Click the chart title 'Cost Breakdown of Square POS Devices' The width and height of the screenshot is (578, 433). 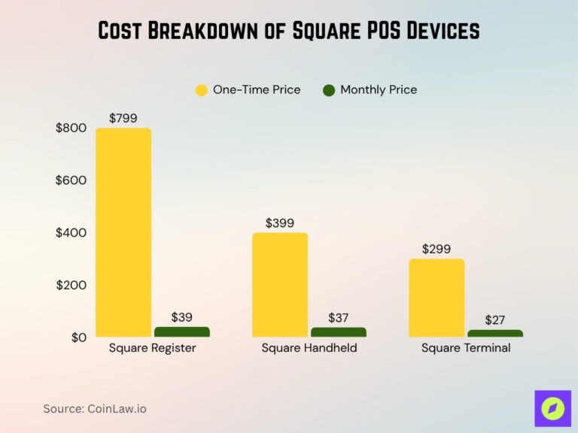(289, 31)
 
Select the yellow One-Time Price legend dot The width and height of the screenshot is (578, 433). (201, 90)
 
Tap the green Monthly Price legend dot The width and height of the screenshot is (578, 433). (328, 90)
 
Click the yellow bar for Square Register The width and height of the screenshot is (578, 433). (123, 232)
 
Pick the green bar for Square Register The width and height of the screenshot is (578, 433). (181, 332)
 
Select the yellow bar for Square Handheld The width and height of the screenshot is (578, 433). (280, 285)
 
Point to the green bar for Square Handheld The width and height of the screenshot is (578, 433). (338, 332)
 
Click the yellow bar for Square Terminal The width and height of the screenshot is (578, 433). (437, 298)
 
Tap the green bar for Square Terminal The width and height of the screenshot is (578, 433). (494, 333)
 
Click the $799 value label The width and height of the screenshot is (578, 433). (123, 118)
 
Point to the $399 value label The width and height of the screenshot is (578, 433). (280, 223)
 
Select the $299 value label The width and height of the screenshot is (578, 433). (437, 249)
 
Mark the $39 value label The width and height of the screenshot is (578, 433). (181, 317)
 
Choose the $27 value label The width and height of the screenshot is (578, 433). (494, 320)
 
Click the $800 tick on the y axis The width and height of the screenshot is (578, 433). (71, 128)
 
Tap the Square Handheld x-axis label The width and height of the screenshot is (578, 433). (309, 348)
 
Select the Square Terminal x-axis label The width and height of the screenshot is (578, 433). (466, 348)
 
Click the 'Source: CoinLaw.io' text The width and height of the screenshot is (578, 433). (95, 408)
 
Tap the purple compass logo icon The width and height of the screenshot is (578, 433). (552, 408)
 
